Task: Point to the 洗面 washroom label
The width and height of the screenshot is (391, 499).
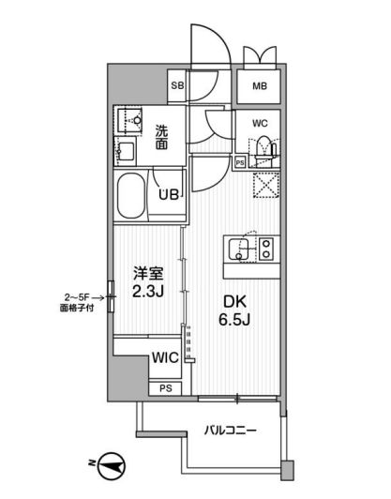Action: (x=160, y=138)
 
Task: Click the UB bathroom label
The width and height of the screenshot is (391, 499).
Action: (x=169, y=195)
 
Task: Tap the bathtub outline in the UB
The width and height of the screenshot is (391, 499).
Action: (x=134, y=194)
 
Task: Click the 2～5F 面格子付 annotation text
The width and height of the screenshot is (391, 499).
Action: (x=77, y=300)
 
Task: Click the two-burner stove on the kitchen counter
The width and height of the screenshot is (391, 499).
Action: (x=265, y=249)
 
